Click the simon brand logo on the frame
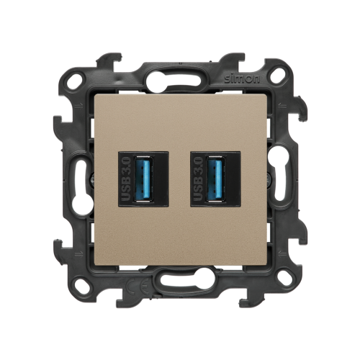click(242, 78)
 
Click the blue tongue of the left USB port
click(144, 179)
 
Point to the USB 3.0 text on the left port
click(126, 179)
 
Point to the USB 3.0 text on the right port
click(199, 179)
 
